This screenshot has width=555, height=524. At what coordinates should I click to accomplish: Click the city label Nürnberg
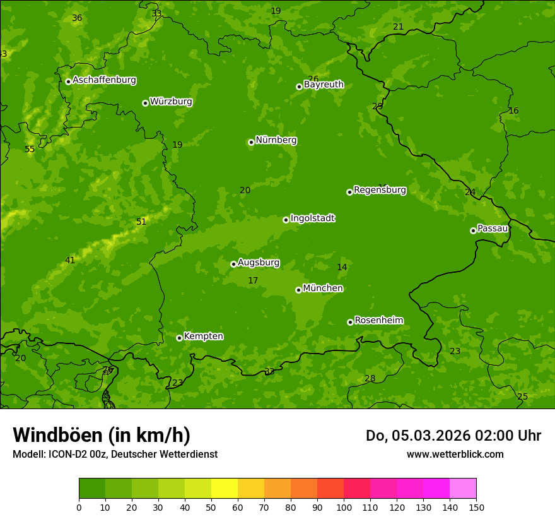[276, 140]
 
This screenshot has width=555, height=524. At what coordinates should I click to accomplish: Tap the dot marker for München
[298, 290]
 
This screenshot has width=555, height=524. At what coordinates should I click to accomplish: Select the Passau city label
[492, 229]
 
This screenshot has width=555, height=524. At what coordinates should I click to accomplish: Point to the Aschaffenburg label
[104, 80]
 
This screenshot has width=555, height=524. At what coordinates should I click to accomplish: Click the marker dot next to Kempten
[179, 338]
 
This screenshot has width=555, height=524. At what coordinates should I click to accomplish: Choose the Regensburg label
[380, 190]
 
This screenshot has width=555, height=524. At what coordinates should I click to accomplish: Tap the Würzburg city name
[171, 102]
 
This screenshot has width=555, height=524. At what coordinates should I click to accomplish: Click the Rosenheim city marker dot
[350, 322]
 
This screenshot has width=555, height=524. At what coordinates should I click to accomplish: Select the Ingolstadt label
[312, 218]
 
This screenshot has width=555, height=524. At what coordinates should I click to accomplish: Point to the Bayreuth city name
[324, 85]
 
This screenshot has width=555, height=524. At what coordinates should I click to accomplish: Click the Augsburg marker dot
[233, 264]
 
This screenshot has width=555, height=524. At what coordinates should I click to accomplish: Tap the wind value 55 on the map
[30, 150]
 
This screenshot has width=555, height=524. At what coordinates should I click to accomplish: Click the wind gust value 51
[141, 222]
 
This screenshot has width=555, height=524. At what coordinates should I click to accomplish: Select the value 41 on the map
[70, 261]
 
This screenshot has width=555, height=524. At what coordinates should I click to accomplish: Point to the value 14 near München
[342, 268]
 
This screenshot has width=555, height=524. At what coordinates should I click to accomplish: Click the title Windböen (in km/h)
[102, 435]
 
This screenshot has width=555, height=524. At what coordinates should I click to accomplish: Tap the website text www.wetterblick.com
[455, 454]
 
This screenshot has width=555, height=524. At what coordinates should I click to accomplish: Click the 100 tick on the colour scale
[344, 507]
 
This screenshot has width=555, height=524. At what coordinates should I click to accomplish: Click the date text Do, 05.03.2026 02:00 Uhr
[453, 436]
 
